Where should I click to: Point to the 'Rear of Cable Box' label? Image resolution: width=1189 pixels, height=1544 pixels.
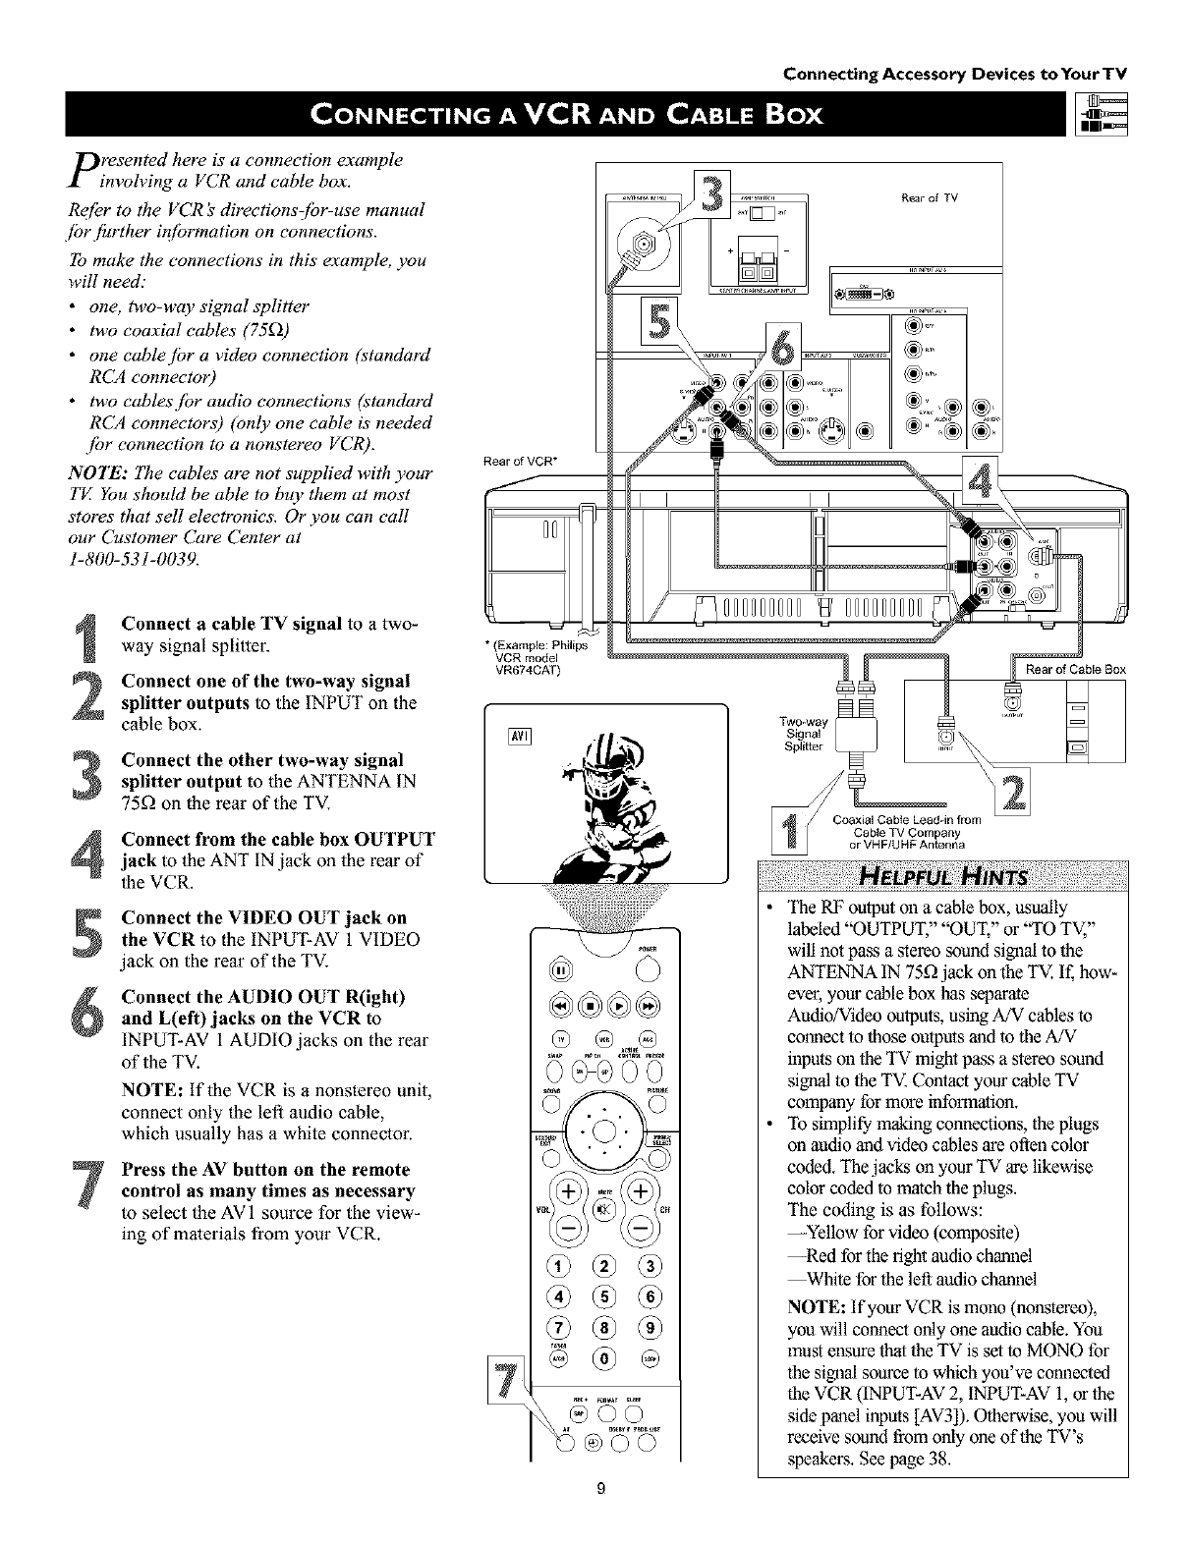(1075, 670)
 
